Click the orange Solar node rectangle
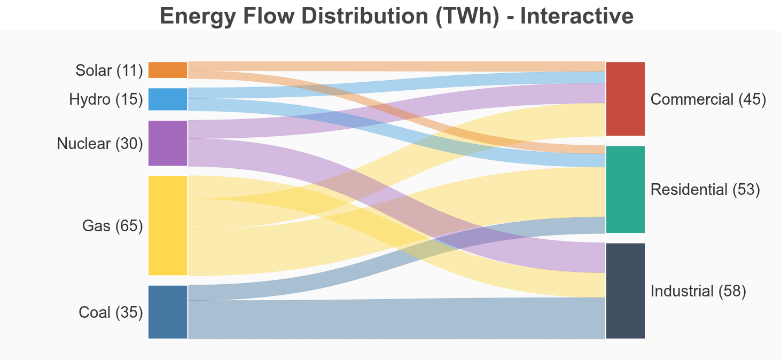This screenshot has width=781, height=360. [x=168, y=70]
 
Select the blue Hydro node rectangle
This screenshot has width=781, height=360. [x=168, y=99]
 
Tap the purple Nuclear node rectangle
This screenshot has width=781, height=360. [x=168, y=143]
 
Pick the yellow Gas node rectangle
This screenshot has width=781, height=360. [x=168, y=225]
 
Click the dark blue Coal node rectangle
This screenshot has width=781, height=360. [x=168, y=312]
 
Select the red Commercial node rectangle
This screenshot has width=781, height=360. [x=625, y=99]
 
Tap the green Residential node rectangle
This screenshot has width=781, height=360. [x=625, y=189]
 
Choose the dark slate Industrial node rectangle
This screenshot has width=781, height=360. [x=625, y=291]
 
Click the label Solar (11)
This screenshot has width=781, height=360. [x=110, y=70]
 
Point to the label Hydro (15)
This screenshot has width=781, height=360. [x=106, y=99]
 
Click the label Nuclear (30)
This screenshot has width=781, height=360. [x=100, y=143]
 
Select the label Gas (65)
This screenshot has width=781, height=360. [x=113, y=226]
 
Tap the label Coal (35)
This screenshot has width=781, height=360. [x=111, y=312]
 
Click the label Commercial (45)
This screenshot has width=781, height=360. [x=709, y=99]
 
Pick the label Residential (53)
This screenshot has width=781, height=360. [x=705, y=190]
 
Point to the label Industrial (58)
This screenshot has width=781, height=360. [x=698, y=291]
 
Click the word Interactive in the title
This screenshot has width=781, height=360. [x=576, y=16]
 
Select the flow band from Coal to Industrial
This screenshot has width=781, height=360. [x=395, y=319]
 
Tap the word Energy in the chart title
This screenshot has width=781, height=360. [x=197, y=16]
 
